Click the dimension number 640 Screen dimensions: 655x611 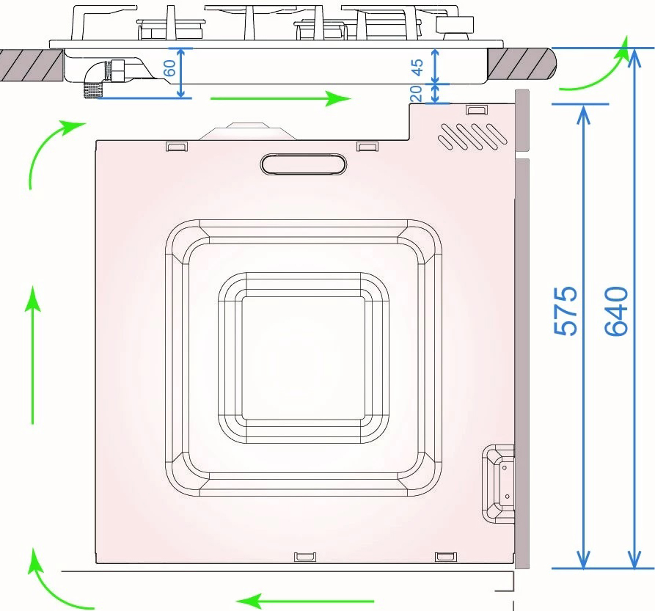coord(617,311)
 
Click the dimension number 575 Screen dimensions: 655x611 coord(566,311)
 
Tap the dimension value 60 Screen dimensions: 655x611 coord(169,68)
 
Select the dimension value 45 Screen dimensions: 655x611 coord(417,67)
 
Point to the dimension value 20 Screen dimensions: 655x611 coord(417,94)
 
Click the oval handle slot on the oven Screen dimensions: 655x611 coord(304,164)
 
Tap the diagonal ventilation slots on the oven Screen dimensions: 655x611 coord(472,136)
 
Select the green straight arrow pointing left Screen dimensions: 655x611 coord(305,601)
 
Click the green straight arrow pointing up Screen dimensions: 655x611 coord(32,355)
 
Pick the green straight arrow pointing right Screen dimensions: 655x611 coord(281,98)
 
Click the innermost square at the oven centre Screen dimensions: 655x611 coord(304,357)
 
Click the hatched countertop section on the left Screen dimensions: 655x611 coord(32,65)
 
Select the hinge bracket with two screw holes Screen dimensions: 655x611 coord(498,483)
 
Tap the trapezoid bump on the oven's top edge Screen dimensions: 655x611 coord(248,131)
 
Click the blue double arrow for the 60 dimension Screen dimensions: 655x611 coord(180,73)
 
